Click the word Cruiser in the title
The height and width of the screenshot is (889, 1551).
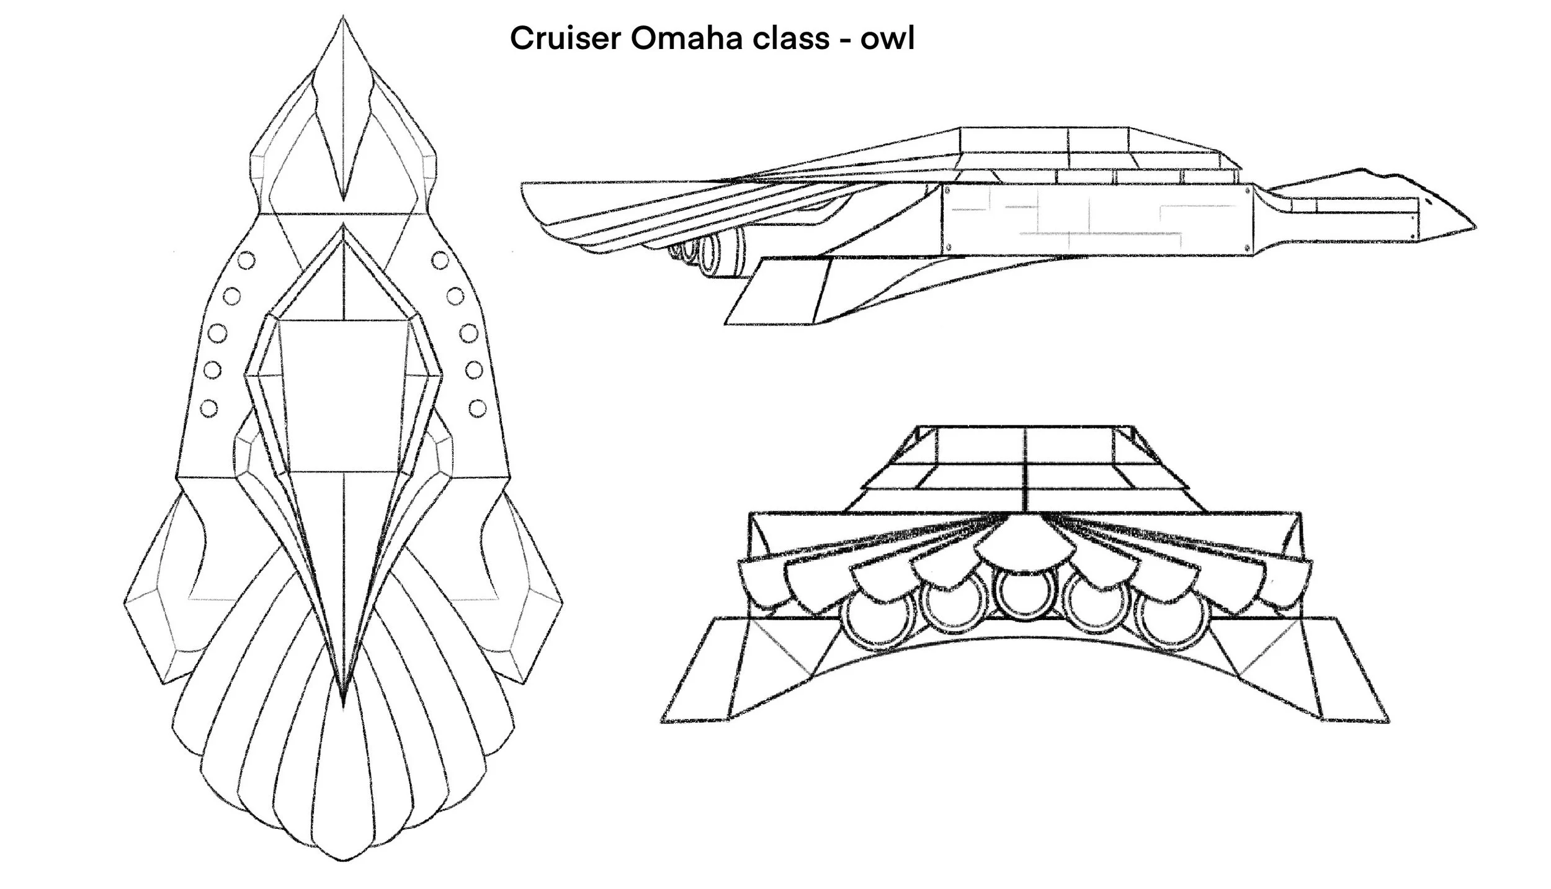(x=565, y=38)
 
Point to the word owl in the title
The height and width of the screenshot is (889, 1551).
(x=887, y=38)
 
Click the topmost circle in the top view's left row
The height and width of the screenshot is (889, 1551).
(x=247, y=259)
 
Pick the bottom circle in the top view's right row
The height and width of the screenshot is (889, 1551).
(x=477, y=408)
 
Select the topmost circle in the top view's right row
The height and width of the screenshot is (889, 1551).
(x=440, y=259)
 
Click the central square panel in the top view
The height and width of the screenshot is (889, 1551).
(x=343, y=395)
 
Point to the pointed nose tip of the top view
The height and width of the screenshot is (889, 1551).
(x=343, y=19)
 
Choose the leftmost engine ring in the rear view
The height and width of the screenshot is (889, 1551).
(x=875, y=623)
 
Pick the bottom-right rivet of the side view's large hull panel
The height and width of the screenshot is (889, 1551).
(x=1248, y=248)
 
